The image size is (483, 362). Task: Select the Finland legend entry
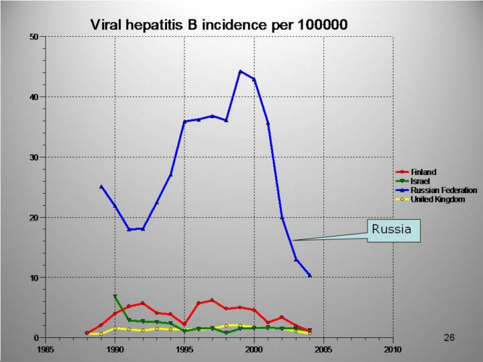click(x=423, y=172)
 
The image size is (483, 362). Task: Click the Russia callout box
click(x=392, y=230)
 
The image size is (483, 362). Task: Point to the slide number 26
click(x=449, y=337)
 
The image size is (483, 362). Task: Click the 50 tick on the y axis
click(x=34, y=36)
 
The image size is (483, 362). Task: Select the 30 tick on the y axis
click(x=34, y=157)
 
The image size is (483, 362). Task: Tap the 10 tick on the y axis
click(x=34, y=278)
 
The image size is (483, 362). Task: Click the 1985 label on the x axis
click(x=46, y=349)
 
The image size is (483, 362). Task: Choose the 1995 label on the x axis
click(x=184, y=349)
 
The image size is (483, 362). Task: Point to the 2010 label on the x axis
click(x=392, y=349)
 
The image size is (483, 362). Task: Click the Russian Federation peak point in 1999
click(x=240, y=71)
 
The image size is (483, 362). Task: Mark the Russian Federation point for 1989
click(x=101, y=186)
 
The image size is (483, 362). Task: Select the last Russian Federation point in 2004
click(x=309, y=275)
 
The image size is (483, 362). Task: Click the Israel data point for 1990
click(x=115, y=296)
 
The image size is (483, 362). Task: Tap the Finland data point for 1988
click(x=87, y=333)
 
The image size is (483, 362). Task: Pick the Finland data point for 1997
click(x=212, y=300)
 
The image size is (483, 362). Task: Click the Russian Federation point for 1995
click(x=184, y=121)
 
